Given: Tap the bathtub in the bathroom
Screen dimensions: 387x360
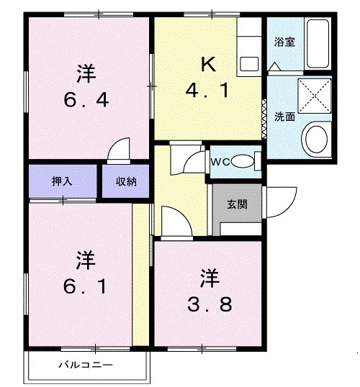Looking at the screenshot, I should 317,45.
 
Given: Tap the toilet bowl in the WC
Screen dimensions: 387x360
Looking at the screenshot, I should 244,161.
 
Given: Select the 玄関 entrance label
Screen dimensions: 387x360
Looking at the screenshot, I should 237,204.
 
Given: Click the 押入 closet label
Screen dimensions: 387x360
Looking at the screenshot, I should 62,181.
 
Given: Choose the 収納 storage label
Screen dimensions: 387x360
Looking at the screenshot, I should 126,181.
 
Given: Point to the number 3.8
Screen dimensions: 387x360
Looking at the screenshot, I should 208,305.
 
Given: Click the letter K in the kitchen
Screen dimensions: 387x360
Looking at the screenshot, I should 207,64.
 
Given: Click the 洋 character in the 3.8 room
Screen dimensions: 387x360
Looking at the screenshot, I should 208,277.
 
